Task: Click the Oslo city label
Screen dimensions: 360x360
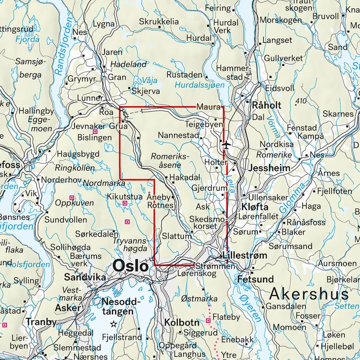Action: (x=131, y=265)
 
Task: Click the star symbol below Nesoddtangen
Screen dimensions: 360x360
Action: (x=113, y=324)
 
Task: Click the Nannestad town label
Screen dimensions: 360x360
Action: (x=177, y=135)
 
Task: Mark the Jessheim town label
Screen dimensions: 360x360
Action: (x=269, y=168)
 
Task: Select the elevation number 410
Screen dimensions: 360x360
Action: (x=300, y=101)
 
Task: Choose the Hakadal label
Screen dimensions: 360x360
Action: (x=184, y=177)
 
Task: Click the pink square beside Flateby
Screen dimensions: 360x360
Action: (x=208, y=320)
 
